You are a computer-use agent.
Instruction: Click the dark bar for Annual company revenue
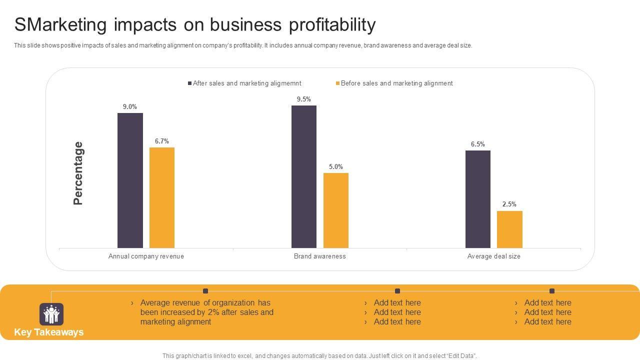tap(130, 180)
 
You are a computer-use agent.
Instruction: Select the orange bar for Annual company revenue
tap(162, 197)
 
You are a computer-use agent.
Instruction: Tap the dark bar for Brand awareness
tap(304, 176)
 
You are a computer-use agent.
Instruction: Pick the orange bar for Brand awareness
tap(336, 210)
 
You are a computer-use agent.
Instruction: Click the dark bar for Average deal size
tap(478, 199)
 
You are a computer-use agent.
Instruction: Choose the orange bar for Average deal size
tap(509, 229)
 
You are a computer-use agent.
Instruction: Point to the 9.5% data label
tap(304, 99)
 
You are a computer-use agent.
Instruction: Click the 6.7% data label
tap(162, 141)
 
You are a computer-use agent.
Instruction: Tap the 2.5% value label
tap(509, 204)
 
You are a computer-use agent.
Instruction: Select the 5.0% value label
tap(336, 166)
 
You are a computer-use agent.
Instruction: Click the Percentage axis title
tap(78, 173)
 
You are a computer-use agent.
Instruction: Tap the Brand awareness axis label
tap(320, 256)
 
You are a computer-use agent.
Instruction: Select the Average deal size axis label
tap(494, 256)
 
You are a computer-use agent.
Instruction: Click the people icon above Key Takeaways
tap(51, 314)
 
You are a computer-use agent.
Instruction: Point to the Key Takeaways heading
tap(49, 332)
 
